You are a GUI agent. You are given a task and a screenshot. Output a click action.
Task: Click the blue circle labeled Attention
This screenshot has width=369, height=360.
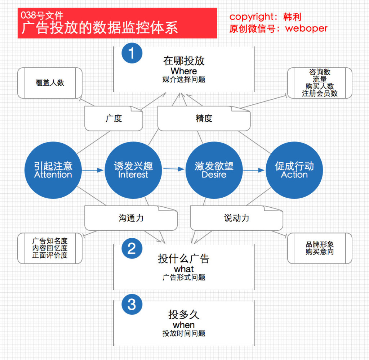pos(53,170)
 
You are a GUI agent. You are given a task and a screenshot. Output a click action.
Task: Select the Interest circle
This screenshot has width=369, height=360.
pos(133,170)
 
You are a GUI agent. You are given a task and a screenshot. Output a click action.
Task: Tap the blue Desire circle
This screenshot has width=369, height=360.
pos(214,170)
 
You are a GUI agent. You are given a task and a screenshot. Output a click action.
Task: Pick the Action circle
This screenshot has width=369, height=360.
pos(294,170)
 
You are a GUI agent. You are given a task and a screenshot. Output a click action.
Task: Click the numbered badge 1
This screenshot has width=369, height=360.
pos(132,53)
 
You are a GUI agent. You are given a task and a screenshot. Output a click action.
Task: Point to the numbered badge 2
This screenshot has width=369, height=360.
pos(132,248)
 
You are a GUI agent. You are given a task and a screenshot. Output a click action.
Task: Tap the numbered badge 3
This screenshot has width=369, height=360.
pos(132,304)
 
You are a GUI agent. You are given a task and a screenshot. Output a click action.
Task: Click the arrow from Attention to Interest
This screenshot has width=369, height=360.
pos(93,170)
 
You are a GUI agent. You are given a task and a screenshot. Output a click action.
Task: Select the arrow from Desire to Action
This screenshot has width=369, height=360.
pos(254,170)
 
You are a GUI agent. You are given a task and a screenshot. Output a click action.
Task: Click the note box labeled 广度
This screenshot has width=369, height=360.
pos(114,118)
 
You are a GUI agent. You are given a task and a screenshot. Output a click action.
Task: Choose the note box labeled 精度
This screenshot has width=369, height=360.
pos(204,118)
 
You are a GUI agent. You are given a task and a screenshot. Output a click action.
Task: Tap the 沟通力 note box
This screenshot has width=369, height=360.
pos(131,218)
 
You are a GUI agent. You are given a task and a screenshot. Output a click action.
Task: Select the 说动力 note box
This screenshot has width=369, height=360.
pos(236,218)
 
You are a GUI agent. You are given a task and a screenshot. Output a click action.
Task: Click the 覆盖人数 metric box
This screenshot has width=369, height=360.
pos(50,83)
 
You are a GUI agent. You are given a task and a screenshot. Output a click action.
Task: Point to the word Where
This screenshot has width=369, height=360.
pos(184,71)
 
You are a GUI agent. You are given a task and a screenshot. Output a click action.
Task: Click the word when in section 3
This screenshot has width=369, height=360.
pos(184,325)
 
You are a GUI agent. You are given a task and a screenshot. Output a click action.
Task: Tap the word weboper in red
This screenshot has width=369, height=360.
pos(306,28)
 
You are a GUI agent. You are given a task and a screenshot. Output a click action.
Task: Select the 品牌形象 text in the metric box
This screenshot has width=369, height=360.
pos(320,244)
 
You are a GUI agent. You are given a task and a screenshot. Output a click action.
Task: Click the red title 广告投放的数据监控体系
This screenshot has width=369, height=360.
pos(100,28)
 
